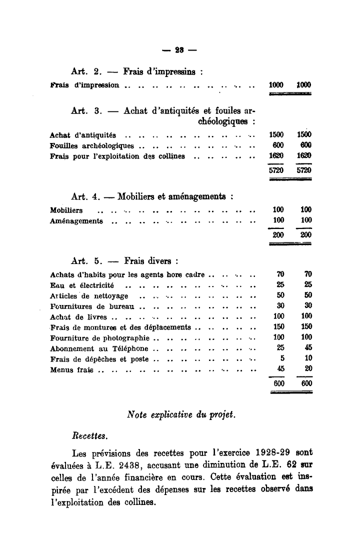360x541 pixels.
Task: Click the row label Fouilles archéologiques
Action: pyautogui.click(x=92, y=145)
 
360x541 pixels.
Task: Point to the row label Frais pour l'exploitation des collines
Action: pyautogui.click(x=118, y=156)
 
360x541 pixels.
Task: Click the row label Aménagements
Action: pyautogui.click(x=77, y=220)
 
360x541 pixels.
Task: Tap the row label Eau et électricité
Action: pyautogui.click(x=82, y=285)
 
